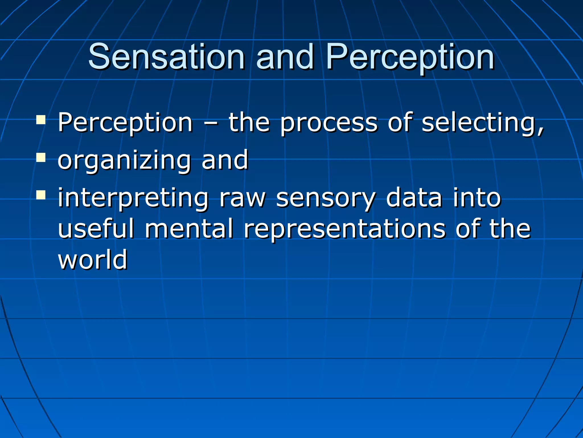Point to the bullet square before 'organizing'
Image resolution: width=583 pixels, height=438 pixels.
(x=41, y=157)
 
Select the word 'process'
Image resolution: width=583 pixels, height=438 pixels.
(x=329, y=123)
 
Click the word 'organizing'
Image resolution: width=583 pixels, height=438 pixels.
(x=124, y=161)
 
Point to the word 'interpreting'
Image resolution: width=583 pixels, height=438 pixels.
(x=133, y=198)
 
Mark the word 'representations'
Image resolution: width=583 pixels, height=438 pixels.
(x=344, y=229)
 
